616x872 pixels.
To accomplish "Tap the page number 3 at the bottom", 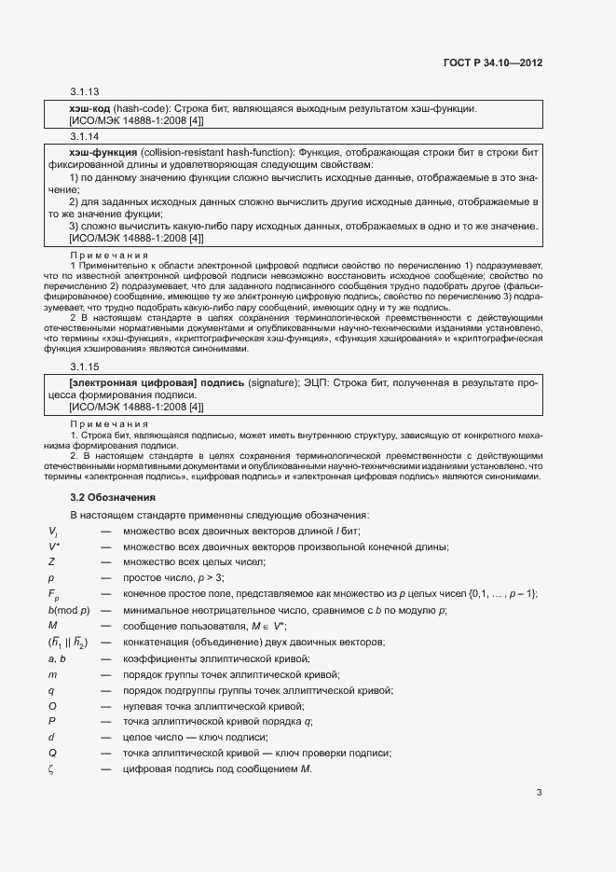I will [x=539, y=793].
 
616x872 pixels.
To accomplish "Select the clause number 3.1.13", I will [x=84, y=92].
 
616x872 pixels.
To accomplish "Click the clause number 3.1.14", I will [x=84, y=135].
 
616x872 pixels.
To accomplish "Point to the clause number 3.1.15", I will [x=84, y=366].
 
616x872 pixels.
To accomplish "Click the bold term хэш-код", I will [x=89, y=109].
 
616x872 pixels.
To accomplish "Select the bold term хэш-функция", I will [x=104, y=152].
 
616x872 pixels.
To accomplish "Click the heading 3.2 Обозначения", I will [x=113, y=497].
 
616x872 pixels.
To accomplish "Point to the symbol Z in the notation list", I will [x=51, y=561].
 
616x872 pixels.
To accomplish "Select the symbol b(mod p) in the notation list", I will [x=69, y=610].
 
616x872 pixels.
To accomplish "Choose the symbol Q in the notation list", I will [x=52, y=754].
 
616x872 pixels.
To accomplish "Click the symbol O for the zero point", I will [x=52, y=706].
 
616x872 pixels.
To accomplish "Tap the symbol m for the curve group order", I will [x=52, y=674].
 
